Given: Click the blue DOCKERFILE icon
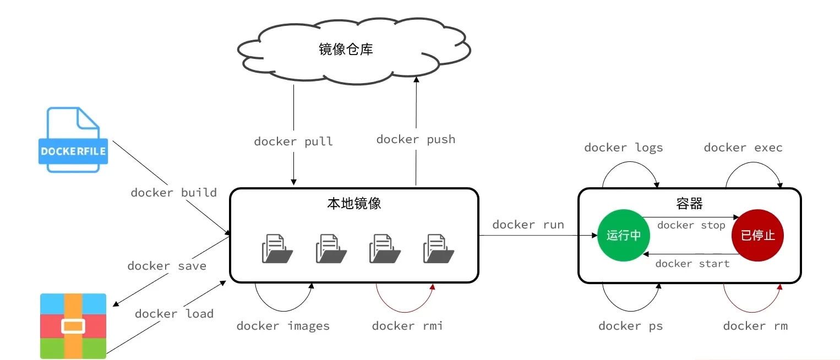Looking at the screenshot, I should point(73,140).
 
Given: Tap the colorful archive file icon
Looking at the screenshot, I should point(73,326).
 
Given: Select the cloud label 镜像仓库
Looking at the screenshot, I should point(346,49).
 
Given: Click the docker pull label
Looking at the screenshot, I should point(293,141).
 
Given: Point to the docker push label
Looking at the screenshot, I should point(416,139).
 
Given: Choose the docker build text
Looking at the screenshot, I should point(173,193).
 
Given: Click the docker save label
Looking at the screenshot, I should point(167,266).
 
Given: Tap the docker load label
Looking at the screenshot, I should point(174,314).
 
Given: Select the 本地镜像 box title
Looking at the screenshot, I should point(354,204).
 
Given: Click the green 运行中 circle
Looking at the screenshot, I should point(623,236).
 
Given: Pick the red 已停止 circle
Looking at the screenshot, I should point(757,236).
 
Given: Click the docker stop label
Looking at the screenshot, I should point(691,225).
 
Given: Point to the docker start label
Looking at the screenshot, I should point(692,264).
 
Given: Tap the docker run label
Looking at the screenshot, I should point(528,225).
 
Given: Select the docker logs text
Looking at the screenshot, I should point(623,148).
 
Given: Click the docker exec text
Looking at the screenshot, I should point(743,148).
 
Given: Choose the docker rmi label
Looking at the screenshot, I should point(407,326).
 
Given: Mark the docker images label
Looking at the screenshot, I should point(283,326).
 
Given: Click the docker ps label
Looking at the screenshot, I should point(630,326).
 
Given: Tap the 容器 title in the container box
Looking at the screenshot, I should point(689,204).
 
